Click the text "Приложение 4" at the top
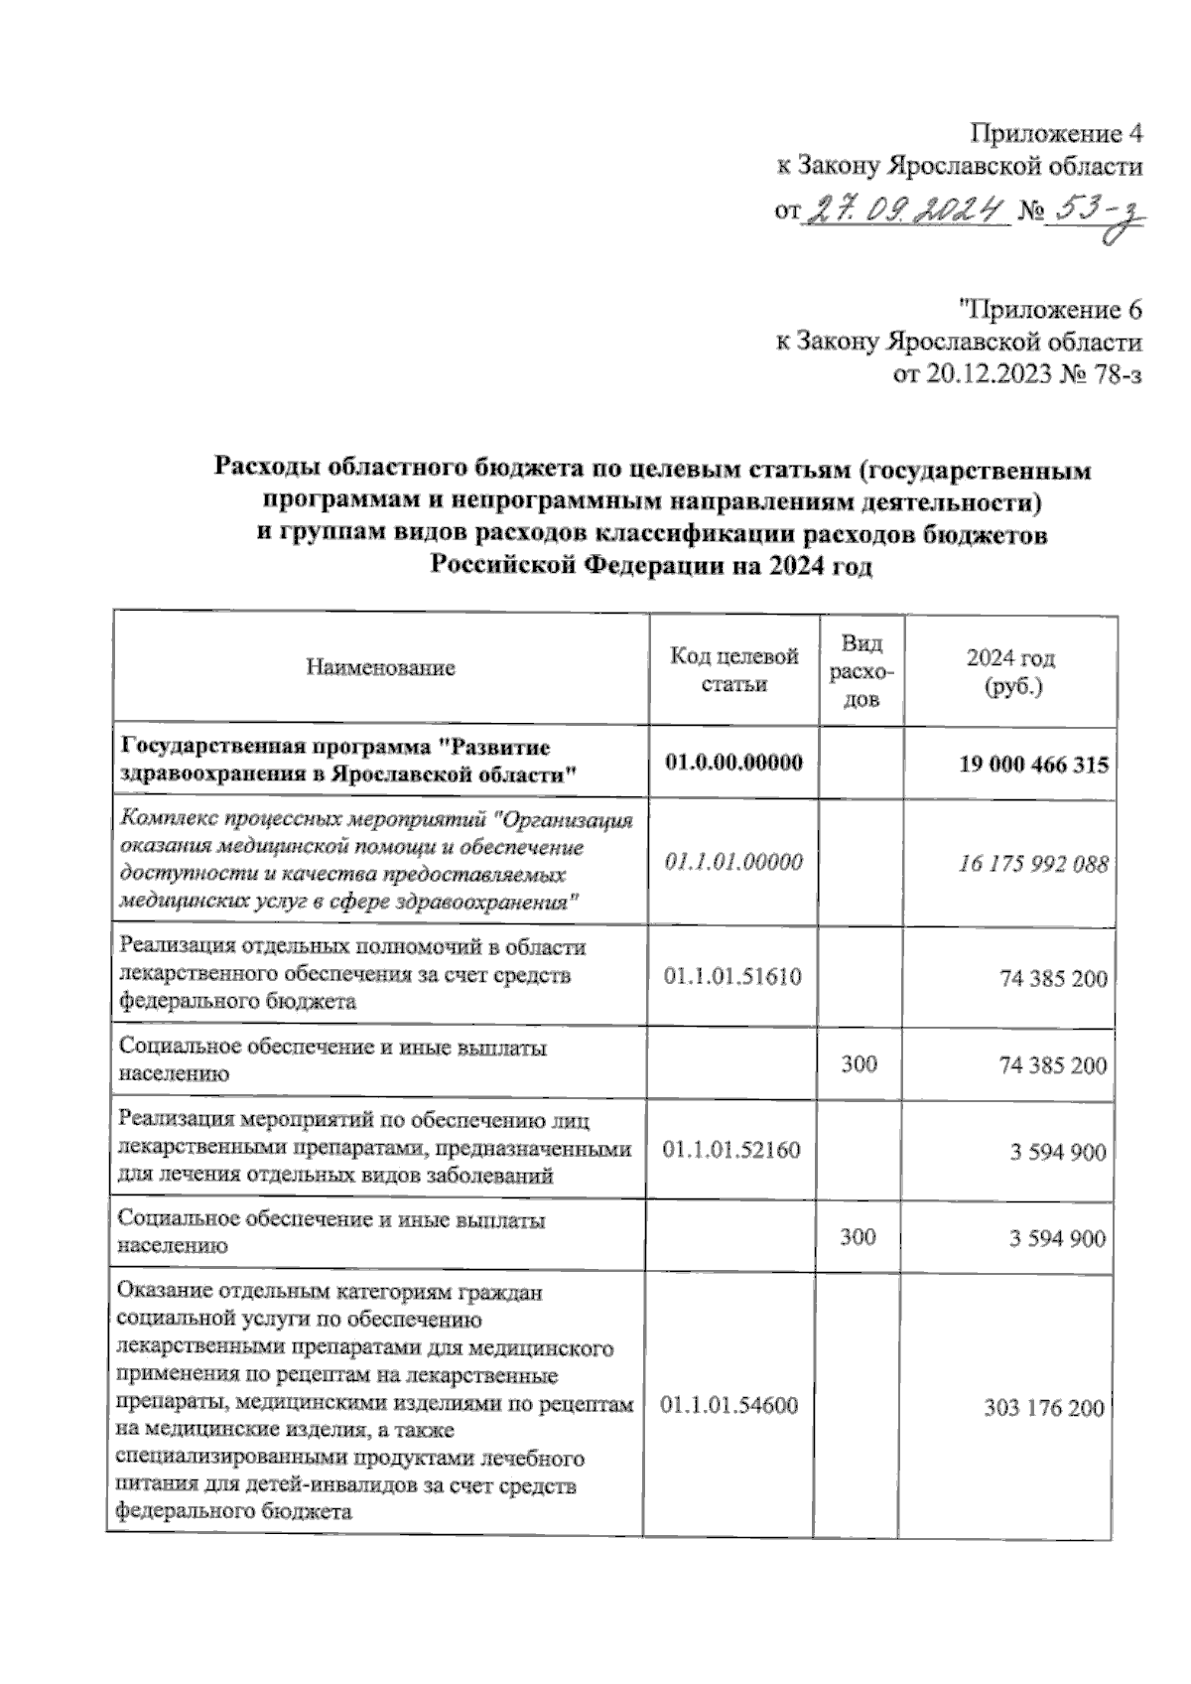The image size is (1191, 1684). (x=1056, y=133)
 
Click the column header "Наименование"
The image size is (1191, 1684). (x=380, y=667)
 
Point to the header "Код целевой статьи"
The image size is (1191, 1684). (x=734, y=669)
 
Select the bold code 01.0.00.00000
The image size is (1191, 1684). (x=734, y=763)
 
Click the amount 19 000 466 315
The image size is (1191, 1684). (x=1033, y=765)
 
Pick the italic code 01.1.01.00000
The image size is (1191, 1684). (x=733, y=862)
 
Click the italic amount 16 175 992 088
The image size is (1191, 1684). (x=1032, y=864)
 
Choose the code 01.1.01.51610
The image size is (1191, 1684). (x=732, y=976)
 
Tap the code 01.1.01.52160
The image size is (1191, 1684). (x=731, y=1150)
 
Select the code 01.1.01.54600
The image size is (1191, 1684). (x=729, y=1405)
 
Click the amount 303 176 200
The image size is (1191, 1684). (x=1043, y=1407)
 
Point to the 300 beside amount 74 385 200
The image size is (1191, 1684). (x=859, y=1064)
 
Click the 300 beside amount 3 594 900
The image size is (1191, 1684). (x=859, y=1236)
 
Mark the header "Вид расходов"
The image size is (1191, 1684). (x=860, y=671)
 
